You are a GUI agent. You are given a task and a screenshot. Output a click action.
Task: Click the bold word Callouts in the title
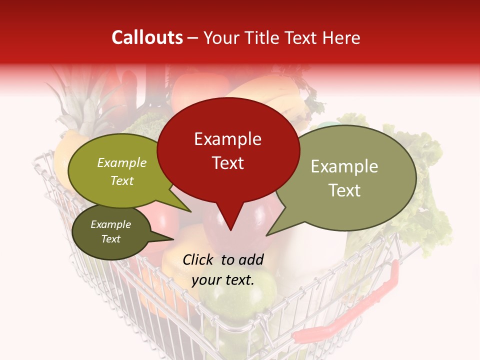(x=147, y=37)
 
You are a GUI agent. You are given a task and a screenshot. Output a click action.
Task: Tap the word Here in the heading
(x=341, y=38)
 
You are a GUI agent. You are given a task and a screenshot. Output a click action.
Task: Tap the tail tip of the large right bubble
(x=267, y=234)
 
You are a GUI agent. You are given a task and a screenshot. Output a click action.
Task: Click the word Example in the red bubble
(x=227, y=139)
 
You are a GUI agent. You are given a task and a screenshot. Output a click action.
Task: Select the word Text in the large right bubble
(x=344, y=190)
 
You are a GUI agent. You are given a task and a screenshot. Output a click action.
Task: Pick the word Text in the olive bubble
(x=122, y=181)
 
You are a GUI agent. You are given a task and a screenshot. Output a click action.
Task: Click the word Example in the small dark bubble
(x=110, y=224)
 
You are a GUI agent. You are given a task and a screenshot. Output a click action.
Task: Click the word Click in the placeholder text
(x=198, y=259)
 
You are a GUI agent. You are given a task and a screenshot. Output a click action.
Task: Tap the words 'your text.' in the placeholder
(x=223, y=280)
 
